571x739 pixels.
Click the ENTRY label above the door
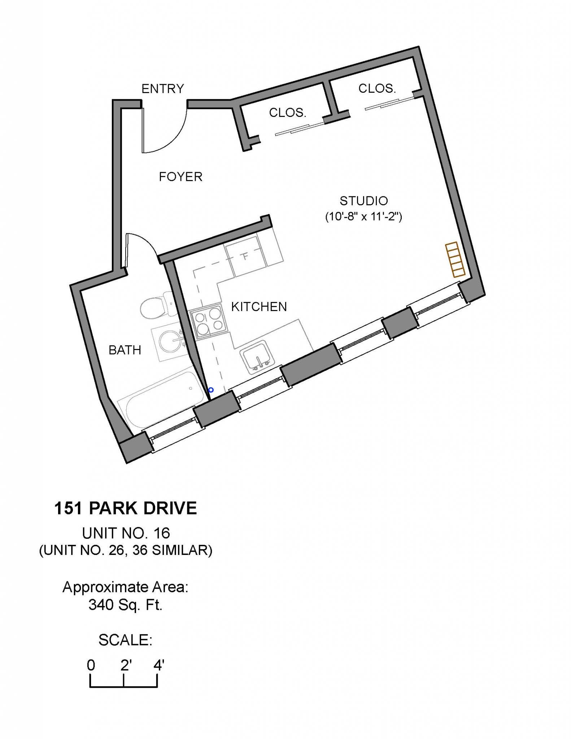click(162, 88)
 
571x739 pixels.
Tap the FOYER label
click(180, 177)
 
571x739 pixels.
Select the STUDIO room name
click(363, 201)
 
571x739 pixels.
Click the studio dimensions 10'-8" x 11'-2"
click(363, 217)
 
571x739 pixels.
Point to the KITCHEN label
click(259, 307)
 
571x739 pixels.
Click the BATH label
click(125, 350)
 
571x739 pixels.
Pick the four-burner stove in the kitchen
click(208, 322)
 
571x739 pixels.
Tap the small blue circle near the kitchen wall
click(211, 390)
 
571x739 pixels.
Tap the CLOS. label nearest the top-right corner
click(377, 88)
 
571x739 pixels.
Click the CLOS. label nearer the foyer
click(287, 113)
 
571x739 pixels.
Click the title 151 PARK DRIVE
click(125, 508)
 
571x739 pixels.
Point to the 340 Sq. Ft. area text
click(125, 605)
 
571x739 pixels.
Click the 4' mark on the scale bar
click(158, 665)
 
